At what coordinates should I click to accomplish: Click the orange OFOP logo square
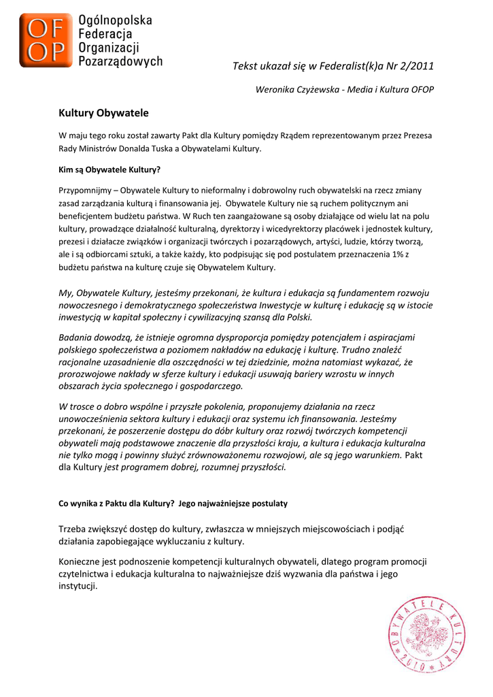[x=45, y=41]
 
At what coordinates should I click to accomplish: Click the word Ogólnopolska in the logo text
[x=116, y=20]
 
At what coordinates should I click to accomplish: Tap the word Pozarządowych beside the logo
[x=121, y=61]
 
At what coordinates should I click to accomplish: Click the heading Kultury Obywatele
[x=103, y=112]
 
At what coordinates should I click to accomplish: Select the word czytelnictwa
[x=83, y=574]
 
